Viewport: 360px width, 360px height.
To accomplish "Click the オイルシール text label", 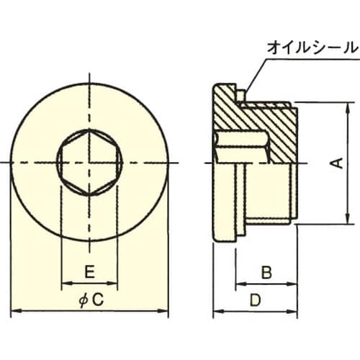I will coord(312,48).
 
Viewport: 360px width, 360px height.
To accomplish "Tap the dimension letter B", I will coord(266,272).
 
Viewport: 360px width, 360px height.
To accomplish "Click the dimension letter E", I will coord(90,272).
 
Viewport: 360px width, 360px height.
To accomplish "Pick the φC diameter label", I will coord(90,299).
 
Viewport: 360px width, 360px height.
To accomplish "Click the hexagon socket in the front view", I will coord(90,163).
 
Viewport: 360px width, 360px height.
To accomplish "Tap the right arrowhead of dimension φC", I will coord(165,311).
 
